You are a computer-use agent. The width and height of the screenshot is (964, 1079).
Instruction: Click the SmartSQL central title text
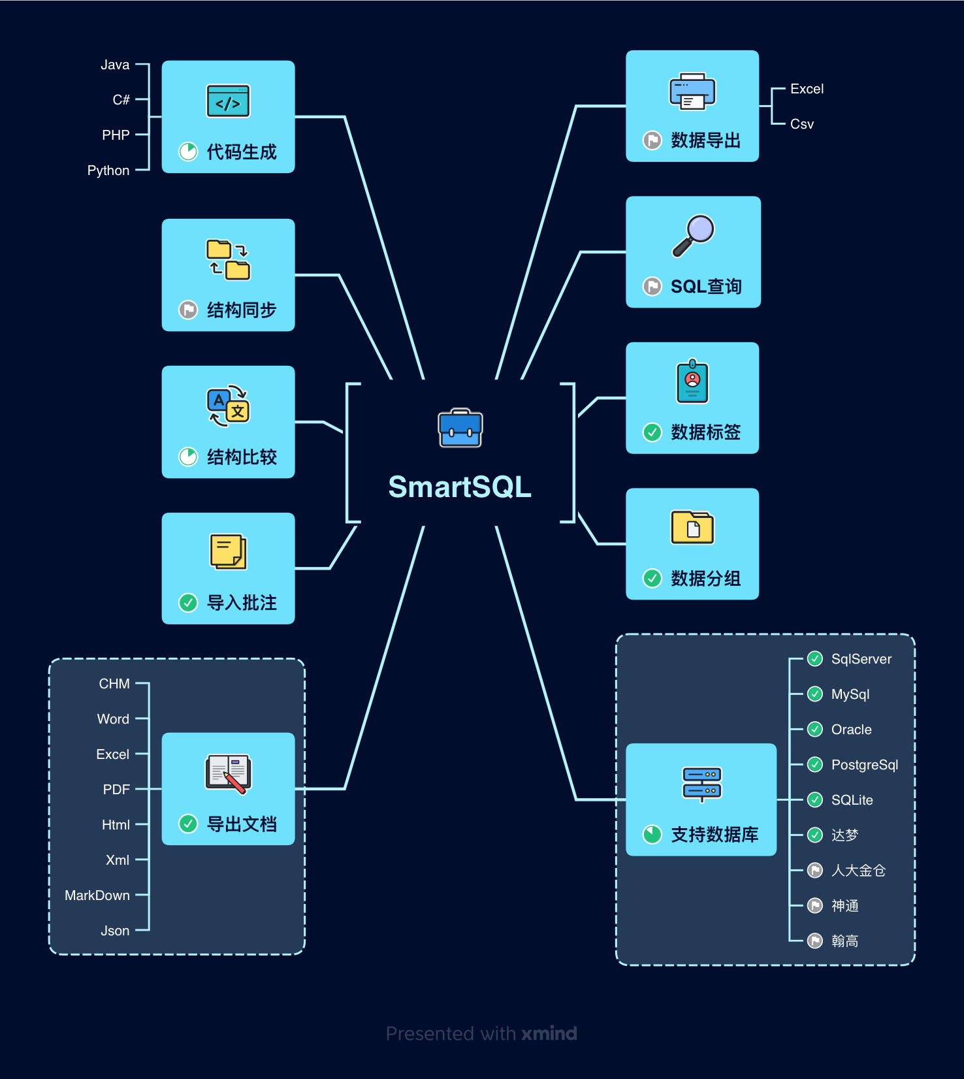[460, 487]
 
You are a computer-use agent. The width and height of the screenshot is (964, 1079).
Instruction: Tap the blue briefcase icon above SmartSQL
[460, 428]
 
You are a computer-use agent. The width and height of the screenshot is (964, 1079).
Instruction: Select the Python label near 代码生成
[108, 170]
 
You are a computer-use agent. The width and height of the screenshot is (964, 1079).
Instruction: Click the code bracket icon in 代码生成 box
[228, 101]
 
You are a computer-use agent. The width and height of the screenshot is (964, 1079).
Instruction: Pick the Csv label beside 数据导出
[801, 124]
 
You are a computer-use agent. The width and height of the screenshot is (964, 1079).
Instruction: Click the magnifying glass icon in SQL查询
[694, 235]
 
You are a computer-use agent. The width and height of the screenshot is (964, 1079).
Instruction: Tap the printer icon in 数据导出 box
[692, 91]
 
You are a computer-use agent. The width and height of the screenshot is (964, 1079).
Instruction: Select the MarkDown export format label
[97, 895]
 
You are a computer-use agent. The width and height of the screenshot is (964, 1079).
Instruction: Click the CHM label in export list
[114, 684]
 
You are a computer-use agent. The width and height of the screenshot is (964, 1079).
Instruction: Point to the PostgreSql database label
[864, 765]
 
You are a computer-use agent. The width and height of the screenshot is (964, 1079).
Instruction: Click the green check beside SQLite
[815, 799]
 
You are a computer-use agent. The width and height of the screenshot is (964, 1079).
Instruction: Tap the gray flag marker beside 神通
[815, 905]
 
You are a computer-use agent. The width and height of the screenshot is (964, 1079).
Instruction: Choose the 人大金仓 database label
[858, 871]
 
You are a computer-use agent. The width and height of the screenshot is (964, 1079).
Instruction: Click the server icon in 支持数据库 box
[701, 783]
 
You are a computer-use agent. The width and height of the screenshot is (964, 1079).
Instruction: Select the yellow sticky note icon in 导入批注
[228, 551]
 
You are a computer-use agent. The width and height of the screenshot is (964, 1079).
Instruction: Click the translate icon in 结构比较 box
[228, 406]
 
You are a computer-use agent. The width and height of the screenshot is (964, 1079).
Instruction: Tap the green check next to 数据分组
[652, 578]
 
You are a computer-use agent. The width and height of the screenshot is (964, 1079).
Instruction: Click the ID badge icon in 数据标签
[692, 381]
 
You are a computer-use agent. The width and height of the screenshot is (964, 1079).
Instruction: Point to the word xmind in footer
[549, 1033]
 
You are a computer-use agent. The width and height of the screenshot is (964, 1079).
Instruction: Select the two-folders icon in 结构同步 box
[228, 259]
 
